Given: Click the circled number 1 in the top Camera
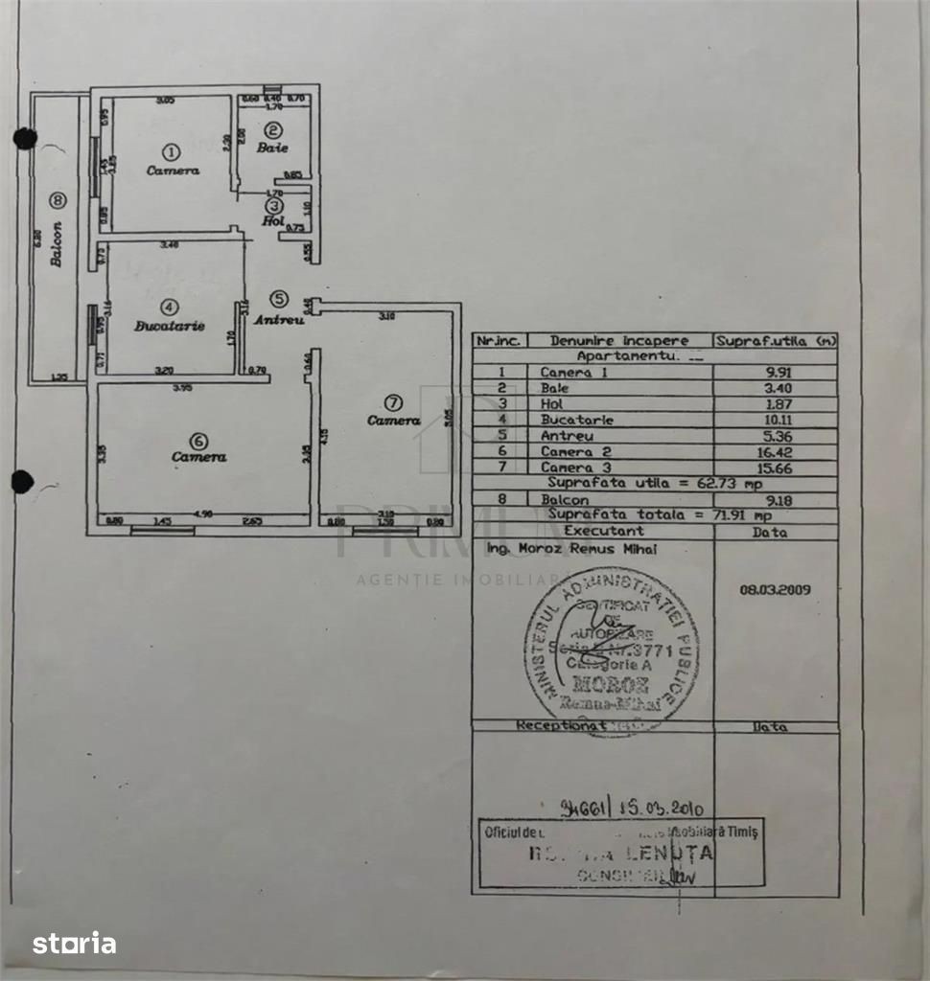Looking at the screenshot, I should tap(172, 151).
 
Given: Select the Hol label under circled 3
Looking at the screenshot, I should tap(274, 220).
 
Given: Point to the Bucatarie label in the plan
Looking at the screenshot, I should tap(170, 326).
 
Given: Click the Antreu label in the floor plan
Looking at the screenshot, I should tap(278, 319).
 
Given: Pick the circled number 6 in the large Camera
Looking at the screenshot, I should tap(198, 441).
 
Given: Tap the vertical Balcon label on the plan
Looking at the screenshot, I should tap(57, 244).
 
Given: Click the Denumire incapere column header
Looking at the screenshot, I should tap(619, 341).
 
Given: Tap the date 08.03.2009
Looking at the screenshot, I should tap(775, 590).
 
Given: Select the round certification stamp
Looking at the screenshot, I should tap(611, 650).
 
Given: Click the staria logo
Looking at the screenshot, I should tap(75, 944).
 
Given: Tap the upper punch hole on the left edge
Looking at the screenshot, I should tap(25, 139).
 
